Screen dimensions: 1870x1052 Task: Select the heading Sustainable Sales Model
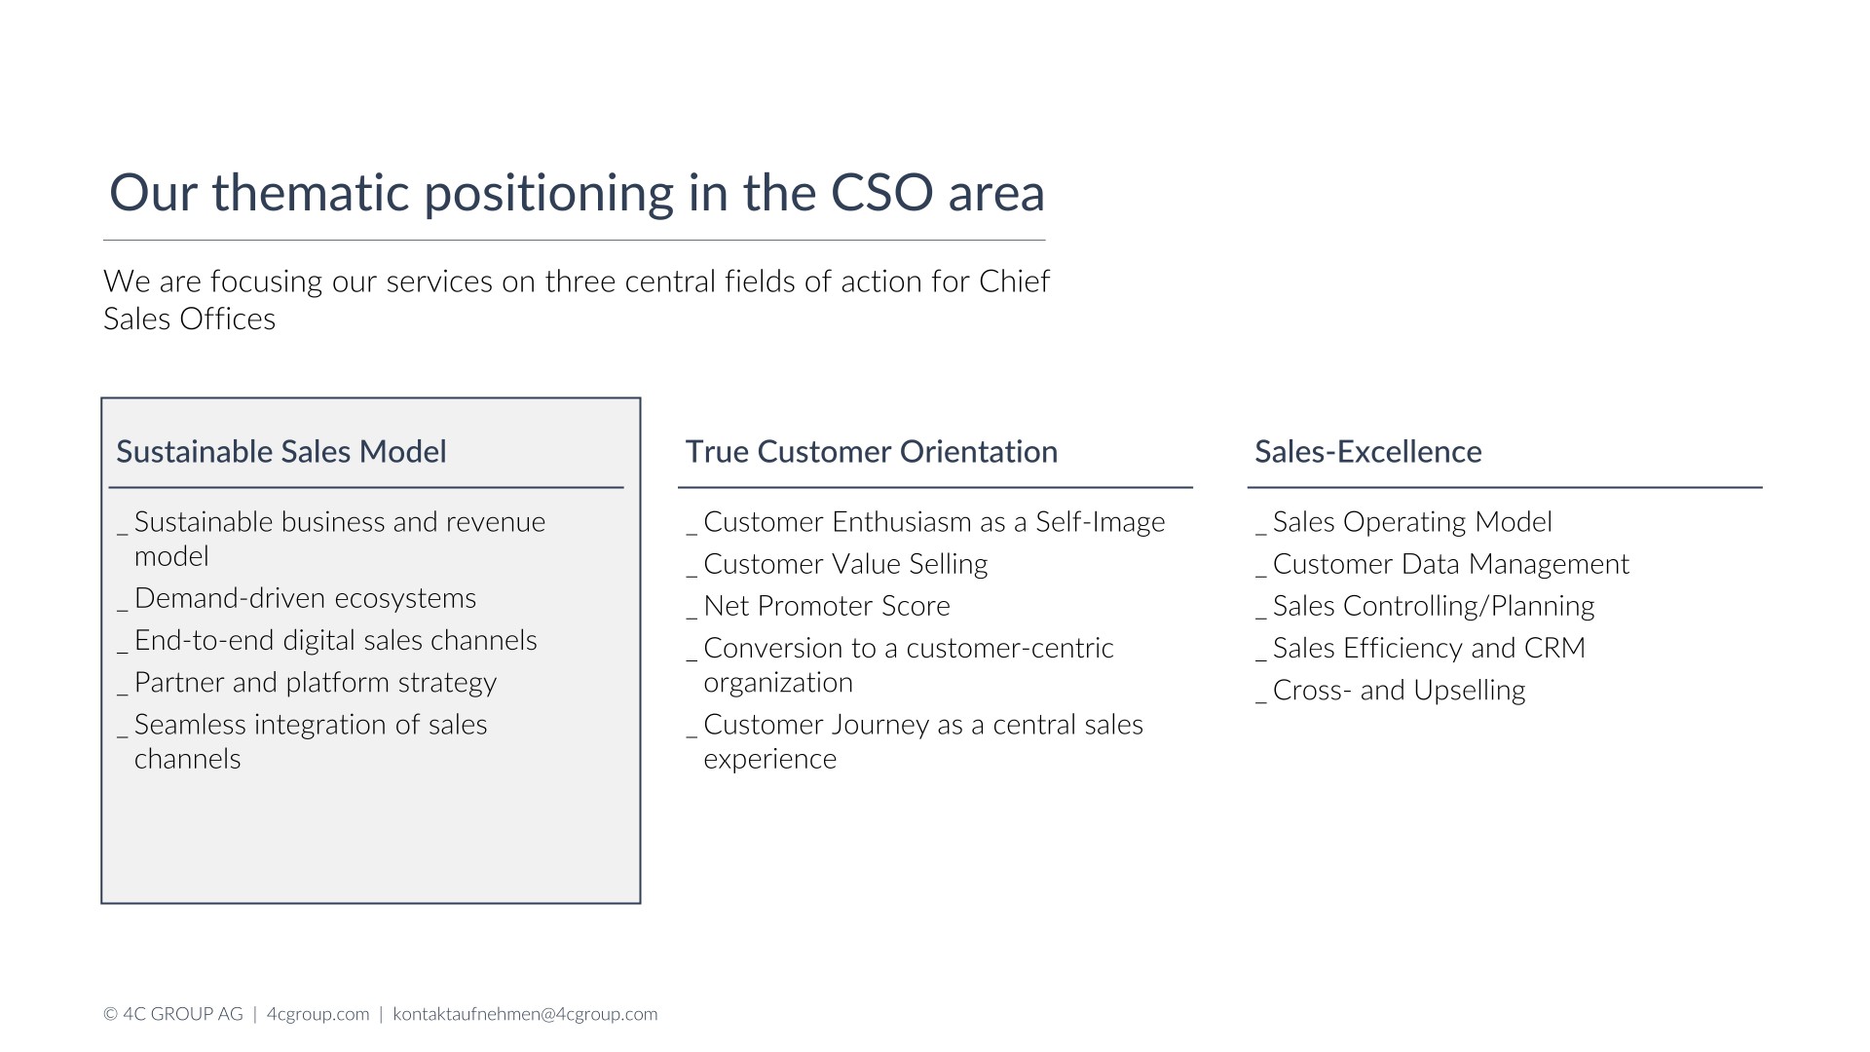(281, 452)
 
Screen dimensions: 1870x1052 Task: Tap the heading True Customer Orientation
(872, 452)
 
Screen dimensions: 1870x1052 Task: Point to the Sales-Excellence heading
(1368, 452)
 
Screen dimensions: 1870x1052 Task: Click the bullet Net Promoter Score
(827, 606)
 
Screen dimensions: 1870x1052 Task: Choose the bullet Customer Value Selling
(845, 564)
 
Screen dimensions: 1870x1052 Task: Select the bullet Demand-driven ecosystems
(306, 598)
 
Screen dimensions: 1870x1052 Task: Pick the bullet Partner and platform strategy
(316, 683)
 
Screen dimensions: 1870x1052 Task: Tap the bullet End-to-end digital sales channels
(336, 640)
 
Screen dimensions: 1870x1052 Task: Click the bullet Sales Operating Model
(1412, 522)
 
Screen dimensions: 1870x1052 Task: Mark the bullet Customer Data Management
(1451, 564)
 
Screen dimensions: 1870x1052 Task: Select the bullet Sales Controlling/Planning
(1434, 606)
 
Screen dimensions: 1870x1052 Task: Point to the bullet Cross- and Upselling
(1400, 691)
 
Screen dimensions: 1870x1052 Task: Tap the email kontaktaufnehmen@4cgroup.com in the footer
(525, 1014)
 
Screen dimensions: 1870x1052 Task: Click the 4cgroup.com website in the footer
(318, 1014)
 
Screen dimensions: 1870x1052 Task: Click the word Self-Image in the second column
(1101, 522)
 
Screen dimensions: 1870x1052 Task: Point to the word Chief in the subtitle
(1015, 282)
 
